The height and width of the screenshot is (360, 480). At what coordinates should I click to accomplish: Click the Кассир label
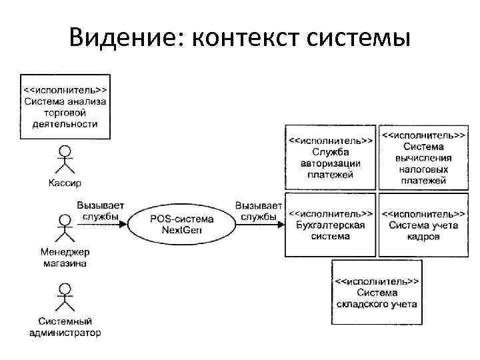point(65,183)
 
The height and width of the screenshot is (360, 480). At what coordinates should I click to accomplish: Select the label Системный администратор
point(65,327)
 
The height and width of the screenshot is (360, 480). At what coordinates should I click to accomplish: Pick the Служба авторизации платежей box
point(330,157)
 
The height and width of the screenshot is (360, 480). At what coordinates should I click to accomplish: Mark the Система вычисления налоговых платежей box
point(423,157)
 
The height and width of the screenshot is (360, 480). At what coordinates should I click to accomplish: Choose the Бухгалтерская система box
point(330,225)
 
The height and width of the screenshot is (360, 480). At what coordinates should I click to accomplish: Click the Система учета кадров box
point(423,225)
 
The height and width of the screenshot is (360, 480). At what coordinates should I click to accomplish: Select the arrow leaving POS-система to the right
point(257,225)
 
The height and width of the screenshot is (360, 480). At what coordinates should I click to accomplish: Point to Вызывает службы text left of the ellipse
point(100,211)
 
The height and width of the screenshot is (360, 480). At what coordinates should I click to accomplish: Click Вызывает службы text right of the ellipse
point(258,211)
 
